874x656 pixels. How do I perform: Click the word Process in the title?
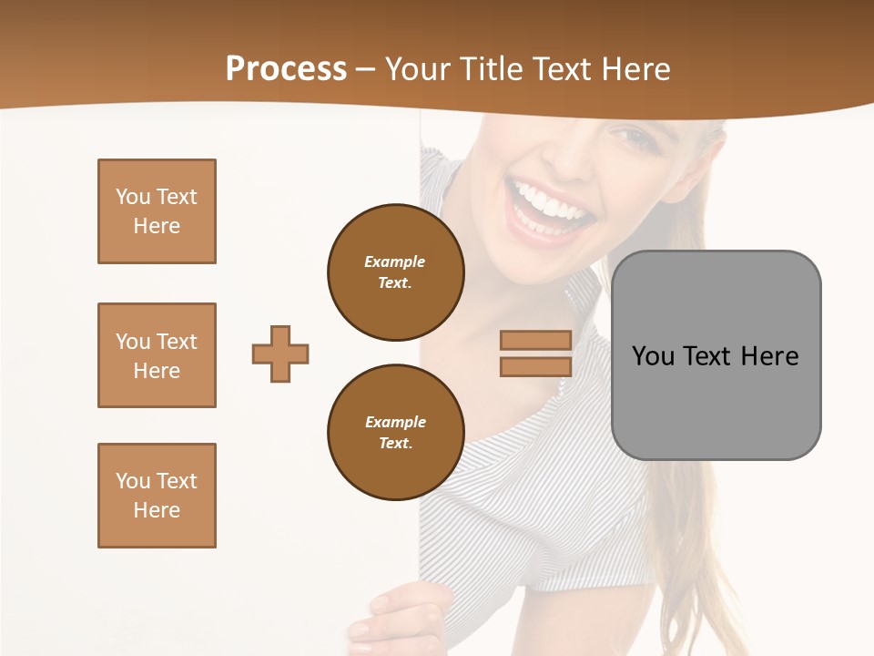point(286,69)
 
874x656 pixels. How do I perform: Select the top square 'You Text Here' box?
point(157,211)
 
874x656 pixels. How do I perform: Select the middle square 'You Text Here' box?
point(157,355)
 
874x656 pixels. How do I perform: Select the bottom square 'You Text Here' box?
point(157,496)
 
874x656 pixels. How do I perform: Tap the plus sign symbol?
point(280,354)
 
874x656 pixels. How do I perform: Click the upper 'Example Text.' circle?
point(395,272)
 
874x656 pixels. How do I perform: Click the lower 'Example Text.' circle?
point(395,433)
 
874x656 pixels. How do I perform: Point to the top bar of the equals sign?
point(535,341)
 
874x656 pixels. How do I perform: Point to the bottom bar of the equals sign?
point(535,367)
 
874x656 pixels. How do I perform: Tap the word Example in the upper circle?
point(394,262)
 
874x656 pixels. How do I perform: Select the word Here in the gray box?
point(769,356)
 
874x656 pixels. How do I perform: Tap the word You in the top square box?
point(133,197)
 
